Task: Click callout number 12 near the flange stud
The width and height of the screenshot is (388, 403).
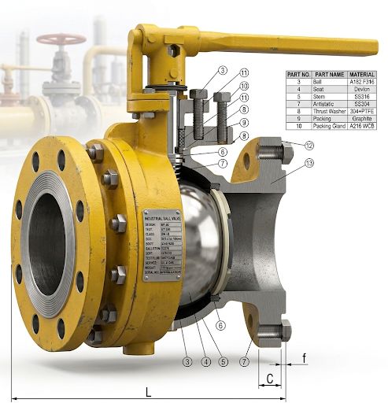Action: (309, 146)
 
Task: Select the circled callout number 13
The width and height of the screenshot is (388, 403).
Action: (309, 163)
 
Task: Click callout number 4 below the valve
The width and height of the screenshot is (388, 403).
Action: (205, 362)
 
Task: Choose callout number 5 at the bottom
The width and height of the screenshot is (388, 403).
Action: (224, 362)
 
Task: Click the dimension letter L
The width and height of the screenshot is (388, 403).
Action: (148, 391)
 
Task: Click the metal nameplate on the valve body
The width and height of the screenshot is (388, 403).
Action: (162, 243)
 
